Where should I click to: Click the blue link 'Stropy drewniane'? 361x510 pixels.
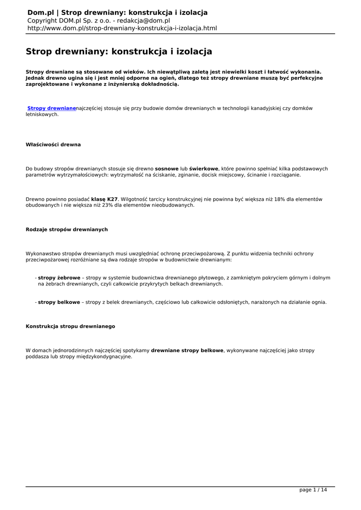[52, 108]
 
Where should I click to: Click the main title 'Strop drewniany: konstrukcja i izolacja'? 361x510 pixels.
[119, 51]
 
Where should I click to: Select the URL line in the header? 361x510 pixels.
[122, 28]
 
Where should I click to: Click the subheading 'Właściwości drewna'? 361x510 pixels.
[53, 144]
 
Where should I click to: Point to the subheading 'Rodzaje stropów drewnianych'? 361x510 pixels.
[67, 229]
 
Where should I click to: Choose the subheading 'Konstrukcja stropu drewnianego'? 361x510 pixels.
[70, 326]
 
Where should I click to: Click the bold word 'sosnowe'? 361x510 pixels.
[167, 169]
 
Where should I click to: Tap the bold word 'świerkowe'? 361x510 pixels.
[204, 169]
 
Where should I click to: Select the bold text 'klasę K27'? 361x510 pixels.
[105, 199]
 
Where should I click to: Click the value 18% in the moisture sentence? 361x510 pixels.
[281, 199]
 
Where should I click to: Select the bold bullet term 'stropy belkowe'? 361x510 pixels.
[59, 302]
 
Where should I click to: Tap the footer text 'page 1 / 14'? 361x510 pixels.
[313, 490]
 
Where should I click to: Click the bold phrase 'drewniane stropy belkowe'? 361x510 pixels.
[187, 351]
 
